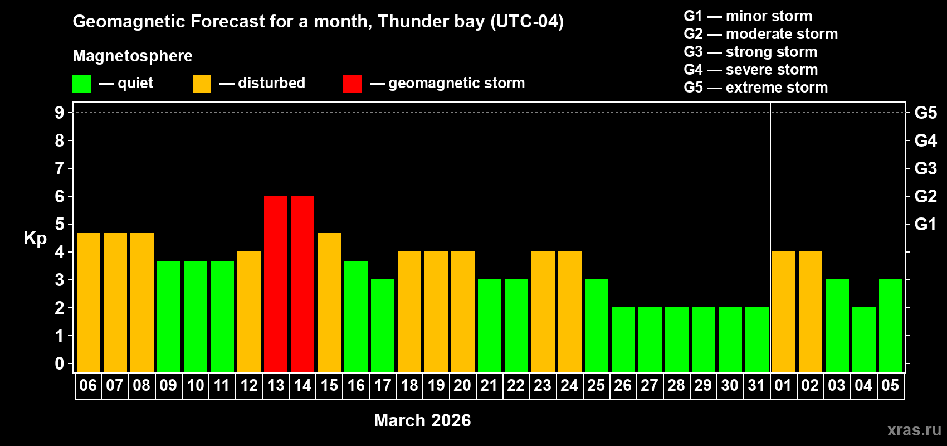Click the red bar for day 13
tap(276, 284)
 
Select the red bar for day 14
tap(302, 284)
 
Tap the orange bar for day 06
tap(89, 303)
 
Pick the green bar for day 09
tap(169, 317)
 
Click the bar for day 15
tap(329, 303)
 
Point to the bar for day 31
tap(757, 340)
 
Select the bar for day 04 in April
tap(864, 340)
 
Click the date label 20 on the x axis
tap(462, 385)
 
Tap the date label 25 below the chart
tap(596, 385)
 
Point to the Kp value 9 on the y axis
tap(60, 113)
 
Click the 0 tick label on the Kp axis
tap(60, 364)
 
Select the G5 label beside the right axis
tap(925, 113)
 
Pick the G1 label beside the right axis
tap(925, 224)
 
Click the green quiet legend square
tap(82, 84)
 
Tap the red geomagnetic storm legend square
tap(352, 84)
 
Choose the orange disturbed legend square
tap(202, 84)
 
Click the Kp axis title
tap(35, 239)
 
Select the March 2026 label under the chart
tap(422, 420)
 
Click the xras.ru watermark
tap(914, 430)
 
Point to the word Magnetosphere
tap(133, 56)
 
